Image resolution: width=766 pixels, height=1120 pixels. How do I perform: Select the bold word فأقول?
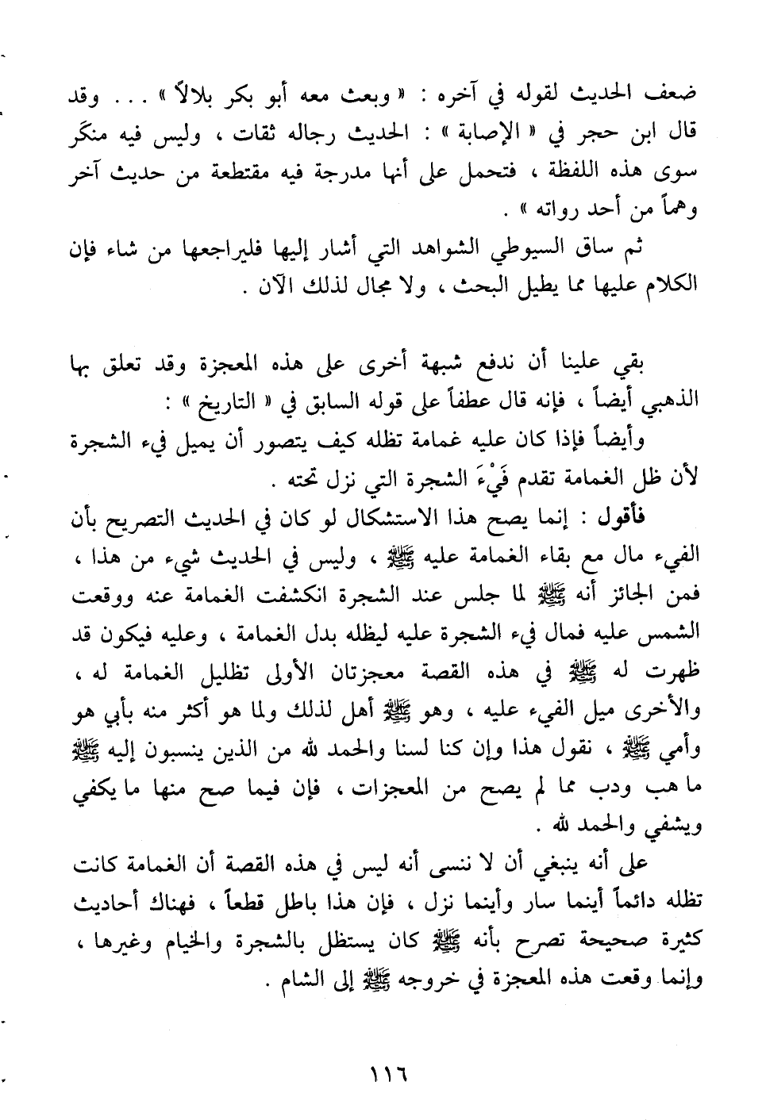[x=668, y=516]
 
